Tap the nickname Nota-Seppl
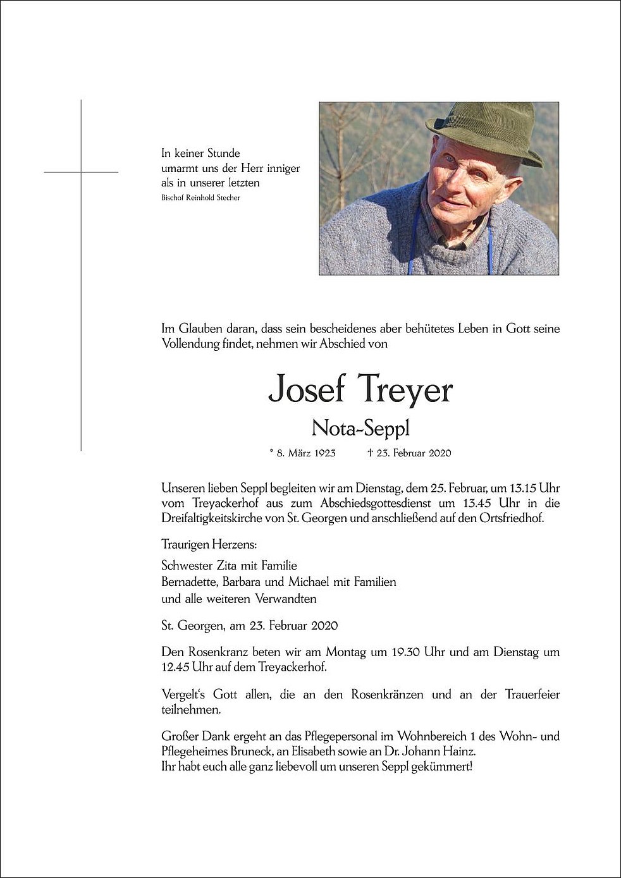360,429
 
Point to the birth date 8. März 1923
305,453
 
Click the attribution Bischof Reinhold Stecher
200,198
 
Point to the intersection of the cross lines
81,172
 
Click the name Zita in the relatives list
229,566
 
